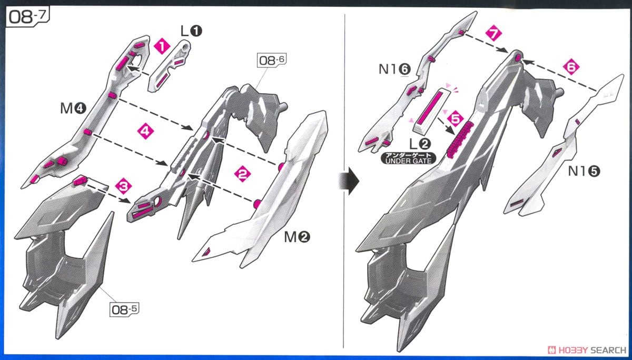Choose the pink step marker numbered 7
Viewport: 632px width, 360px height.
pyautogui.click(x=492, y=34)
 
